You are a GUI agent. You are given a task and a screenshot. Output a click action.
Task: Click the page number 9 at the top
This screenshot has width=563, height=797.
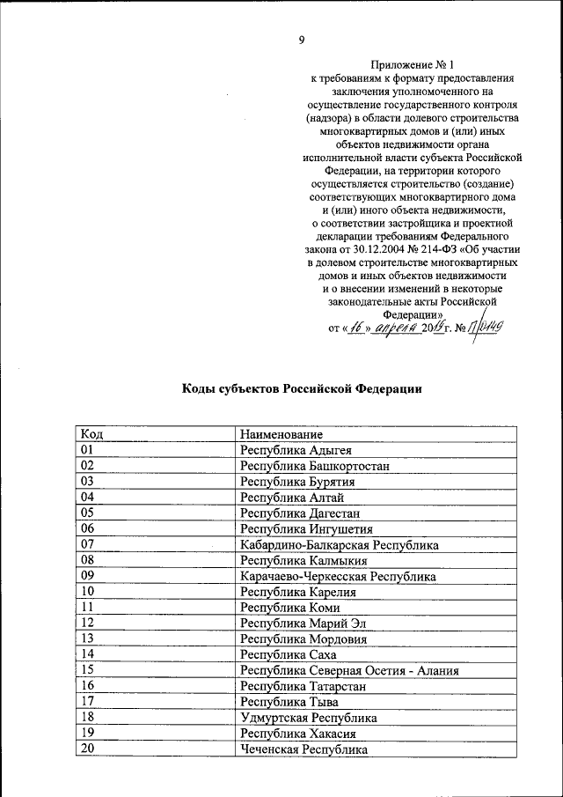302,40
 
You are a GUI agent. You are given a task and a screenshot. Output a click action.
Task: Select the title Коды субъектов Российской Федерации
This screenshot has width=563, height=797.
302,388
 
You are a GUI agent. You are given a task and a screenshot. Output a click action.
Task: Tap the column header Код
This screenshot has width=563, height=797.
91,434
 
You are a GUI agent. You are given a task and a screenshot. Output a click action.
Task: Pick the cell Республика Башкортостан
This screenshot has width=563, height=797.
315,466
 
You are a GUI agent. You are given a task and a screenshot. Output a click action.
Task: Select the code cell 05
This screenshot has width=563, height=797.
86,513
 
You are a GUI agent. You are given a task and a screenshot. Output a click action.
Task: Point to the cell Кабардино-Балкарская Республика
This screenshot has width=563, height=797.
340,545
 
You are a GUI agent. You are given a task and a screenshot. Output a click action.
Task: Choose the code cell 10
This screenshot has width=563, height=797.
86,592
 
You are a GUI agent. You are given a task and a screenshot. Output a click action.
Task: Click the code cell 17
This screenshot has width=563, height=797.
86,702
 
